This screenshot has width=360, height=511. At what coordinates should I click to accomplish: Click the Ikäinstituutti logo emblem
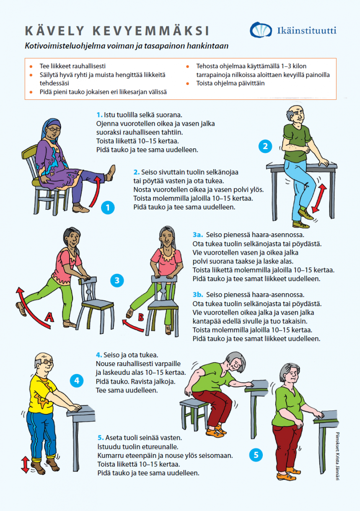tap(261, 30)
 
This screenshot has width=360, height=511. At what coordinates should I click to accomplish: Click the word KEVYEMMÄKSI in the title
tap(151, 31)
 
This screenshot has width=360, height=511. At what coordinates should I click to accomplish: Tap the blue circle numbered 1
tap(108, 208)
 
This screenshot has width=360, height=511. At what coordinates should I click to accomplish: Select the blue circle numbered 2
tap(265, 146)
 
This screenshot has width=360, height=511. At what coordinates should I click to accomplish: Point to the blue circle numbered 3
tap(117, 280)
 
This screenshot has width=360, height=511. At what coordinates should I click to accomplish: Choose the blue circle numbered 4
tap(77, 380)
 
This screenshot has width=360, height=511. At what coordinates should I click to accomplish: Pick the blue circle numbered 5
tap(256, 454)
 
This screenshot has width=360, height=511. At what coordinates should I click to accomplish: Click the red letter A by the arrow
tap(49, 317)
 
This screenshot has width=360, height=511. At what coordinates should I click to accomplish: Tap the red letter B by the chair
tap(141, 317)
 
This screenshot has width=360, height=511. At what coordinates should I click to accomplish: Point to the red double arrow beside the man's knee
tap(319, 198)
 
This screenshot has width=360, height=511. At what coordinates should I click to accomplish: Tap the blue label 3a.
tap(198, 235)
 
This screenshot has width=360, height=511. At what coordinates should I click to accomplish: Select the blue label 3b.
tap(198, 295)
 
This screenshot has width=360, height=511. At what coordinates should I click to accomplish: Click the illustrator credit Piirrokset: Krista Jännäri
tap(338, 456)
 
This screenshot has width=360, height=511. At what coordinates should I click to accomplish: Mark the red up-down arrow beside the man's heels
tap(25, 465)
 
